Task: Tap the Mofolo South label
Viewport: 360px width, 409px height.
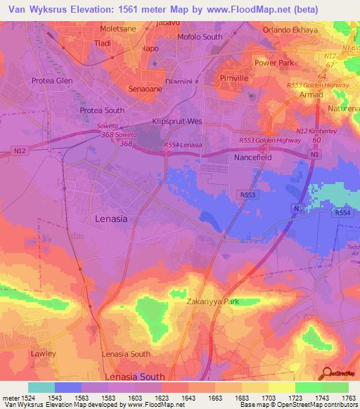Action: (x=200, y=37)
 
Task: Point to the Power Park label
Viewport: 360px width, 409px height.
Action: (x=274, y=63)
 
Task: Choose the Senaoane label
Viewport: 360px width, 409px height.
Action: (x=146, y=89)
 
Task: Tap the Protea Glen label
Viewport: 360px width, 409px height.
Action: (x=52, y=80)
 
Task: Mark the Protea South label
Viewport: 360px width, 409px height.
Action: (x=102, y=111)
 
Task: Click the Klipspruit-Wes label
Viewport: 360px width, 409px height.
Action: (x=177, y=122)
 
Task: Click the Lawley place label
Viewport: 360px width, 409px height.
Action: (x=42, y=353)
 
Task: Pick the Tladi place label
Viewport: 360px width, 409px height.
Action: (x=103, y=43)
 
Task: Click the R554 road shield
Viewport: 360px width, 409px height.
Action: (x=342, y=212)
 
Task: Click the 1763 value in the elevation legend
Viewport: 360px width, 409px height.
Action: (x=340, y=398)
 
